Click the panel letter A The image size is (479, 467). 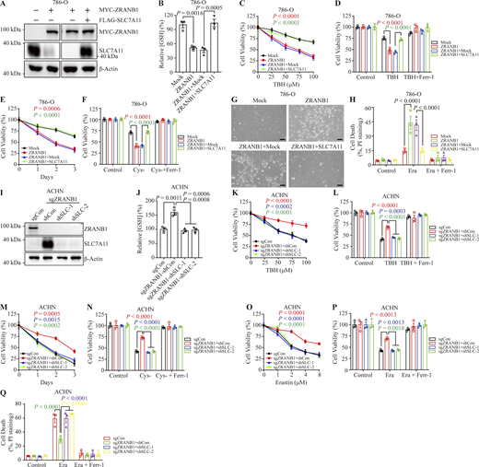pos(5,6)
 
